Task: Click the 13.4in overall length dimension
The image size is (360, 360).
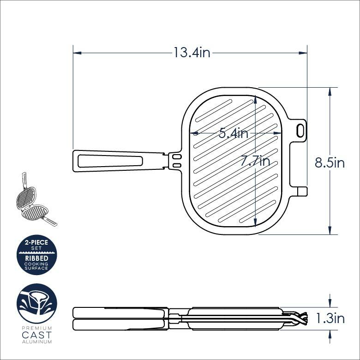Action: pyautogui.click(x=192, y=53)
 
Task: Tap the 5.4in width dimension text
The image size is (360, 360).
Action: pyautogui.click(x=234, y=134)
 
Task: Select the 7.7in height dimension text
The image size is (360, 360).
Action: pyautogui.click(x=255, y=162)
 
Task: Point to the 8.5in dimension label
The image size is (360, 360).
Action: pyautogui.click(x=330, y=163)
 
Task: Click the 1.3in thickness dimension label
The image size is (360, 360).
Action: pyautogui.click(x=330, y=318)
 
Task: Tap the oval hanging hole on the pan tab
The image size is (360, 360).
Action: pyautogui.click(x=301, y=130)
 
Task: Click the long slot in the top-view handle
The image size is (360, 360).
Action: pyautogui.click(x=110, y=161)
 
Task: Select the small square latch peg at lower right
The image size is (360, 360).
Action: pyautogui.click(x=302, y=191)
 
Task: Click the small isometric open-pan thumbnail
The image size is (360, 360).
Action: pyautogui.click(x=35, y=201)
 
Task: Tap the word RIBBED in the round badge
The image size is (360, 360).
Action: pyautogui.click(x=36, y=258)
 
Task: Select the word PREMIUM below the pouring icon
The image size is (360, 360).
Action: pyautogui.click(x=36, y=328)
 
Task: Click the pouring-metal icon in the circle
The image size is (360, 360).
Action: pyautogui.click(x=36, y=304)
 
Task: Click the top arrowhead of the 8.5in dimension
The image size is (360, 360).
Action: pyautogui.click(x=330, y=91)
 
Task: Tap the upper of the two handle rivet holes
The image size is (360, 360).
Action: pyautogui.click(x=177, y=157)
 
